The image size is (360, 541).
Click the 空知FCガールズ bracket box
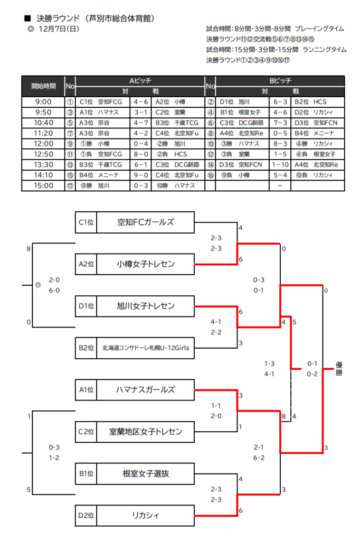click(x=145, y=222)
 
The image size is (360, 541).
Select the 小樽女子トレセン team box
click(x=145, y=264)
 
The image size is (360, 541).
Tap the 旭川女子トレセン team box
click(x=145, y=306)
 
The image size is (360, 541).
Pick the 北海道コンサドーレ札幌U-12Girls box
click(x=145, y=348)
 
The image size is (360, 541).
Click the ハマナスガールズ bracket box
click(x=145, y=390)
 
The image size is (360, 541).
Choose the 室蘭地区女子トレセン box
click(x=145, y=432)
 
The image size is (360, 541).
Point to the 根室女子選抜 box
click(x=145, y=473)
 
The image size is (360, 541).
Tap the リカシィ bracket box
click(x=145, y=515)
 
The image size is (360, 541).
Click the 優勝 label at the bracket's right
click(x=339, y=368)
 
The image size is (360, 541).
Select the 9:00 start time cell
click(x=43, y=102)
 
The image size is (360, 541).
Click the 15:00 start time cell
click(x=43, y=185)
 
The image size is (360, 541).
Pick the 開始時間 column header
click(x=43, y=86)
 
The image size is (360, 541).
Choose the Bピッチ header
click(x=280, y=81)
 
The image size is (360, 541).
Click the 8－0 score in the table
click(x=140, y=154)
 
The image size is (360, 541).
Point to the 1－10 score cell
click(x=280, y=165)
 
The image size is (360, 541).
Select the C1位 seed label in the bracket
click(x=86, y=222)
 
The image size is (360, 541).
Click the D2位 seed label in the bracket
click(x=86, y=515)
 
